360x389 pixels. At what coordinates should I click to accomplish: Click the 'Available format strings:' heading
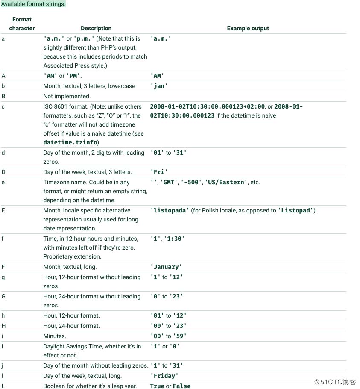(33, 4)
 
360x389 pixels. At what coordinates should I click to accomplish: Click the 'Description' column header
(96, 28)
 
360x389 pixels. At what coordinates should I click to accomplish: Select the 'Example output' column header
(248, 28)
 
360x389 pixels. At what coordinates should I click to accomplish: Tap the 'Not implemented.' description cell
(67, 96)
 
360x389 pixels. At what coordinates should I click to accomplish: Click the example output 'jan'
(159, 86)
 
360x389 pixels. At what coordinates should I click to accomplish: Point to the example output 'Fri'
(159, 172)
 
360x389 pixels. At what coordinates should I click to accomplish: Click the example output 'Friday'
(164, 376)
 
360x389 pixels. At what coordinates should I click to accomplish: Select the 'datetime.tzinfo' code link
(70, 142)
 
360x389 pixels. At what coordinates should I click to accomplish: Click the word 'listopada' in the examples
(170, 210)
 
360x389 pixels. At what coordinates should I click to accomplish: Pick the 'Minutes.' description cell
(55, 336)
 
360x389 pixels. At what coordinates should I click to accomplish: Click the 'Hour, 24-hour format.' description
(71, 326)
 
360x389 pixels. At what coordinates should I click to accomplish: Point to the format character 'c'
(3, 106)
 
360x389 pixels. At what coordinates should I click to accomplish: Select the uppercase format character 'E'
(3, 210)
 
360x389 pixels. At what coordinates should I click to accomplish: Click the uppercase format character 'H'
(3, 326)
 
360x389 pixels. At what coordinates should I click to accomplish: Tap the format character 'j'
(3, 365)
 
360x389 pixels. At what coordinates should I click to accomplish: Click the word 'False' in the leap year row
(182, 386)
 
